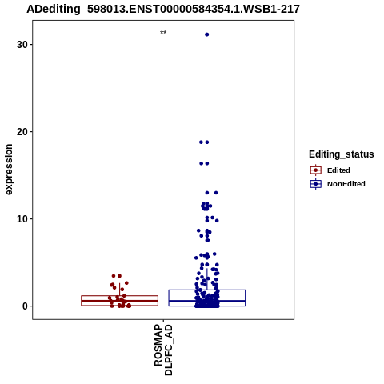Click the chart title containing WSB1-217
(163, 10)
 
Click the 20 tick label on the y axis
(22, 132)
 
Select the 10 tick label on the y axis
(22, 219)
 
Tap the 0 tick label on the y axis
(26, 306)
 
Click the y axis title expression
(9, 170)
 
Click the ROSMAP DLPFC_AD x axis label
(163, 350)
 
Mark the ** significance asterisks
(163, 33)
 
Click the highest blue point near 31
(206, 34)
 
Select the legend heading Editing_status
(342, 154)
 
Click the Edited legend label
(338, 170)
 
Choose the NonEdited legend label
(346, 184)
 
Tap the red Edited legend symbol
(316, 170)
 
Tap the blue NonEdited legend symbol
(316, 184)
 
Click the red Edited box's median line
(119, 301)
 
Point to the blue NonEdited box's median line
(206, 301)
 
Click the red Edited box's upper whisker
(119, 290)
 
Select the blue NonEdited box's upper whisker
(206, 279)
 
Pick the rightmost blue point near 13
(216, 193)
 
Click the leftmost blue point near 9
(198, 230)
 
